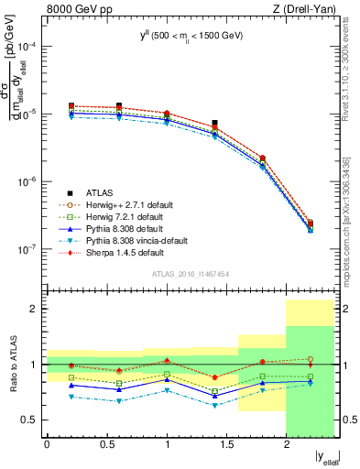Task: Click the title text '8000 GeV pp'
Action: pyautogui.click(x=74, y=9)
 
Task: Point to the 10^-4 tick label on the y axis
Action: pyautogui.click(x=30, y=47)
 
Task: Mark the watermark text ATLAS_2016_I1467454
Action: pyautogui.click(x=191, y=274)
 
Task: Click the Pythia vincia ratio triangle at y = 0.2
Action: pyautogui.click(x=71, y=397)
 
